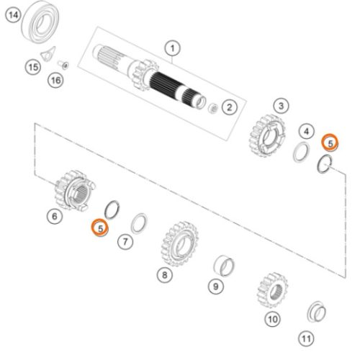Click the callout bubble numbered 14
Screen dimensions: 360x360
[14, 15]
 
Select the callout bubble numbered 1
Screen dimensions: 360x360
[173, 49]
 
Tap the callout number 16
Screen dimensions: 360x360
[56, 80]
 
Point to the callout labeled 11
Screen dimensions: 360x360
[306, 338]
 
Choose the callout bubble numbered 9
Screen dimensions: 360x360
[216, 287]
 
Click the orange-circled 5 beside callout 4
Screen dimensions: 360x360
[330, 143]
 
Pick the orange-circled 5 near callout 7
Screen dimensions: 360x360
[100, 228]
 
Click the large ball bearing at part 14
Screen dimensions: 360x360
[40, 22]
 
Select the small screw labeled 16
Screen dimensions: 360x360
[63, 65]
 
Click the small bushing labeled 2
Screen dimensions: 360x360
[213, 108]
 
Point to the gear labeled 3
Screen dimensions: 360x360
[266, 135]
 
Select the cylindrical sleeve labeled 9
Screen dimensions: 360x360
[224, 266]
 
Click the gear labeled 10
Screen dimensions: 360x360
[272, 291]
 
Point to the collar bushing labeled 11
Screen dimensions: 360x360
[317, 312]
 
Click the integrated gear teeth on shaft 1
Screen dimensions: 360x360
[144, 75]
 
